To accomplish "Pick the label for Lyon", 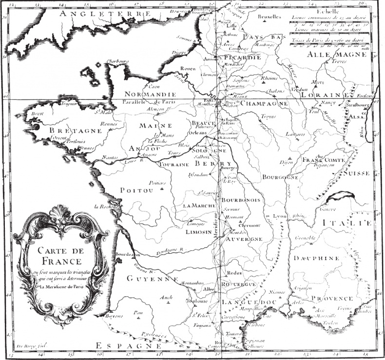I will pyautogui.click(x=279, y=216).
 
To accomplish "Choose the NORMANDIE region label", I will pyautogui.click(x=150, y=94).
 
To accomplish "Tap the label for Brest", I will pyautogui.click(x=37, y=114).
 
